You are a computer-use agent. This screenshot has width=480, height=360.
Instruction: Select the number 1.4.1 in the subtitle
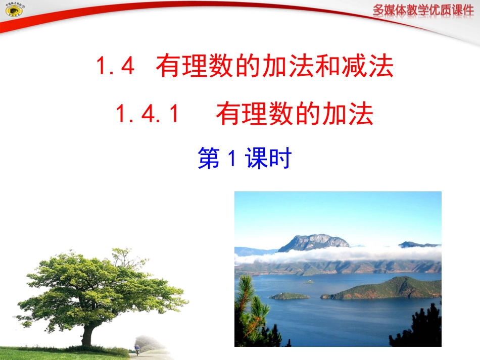click(148, 115)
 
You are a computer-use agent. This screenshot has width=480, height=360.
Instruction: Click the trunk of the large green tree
click(88, 333)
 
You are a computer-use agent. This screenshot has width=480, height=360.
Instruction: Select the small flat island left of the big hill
click(289, 296)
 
